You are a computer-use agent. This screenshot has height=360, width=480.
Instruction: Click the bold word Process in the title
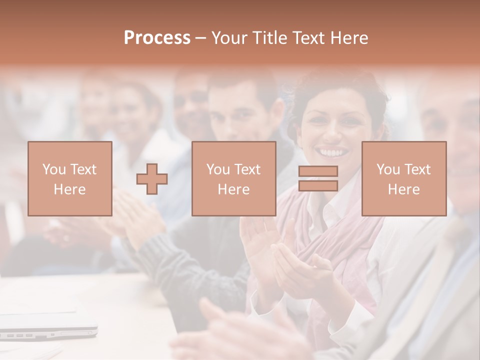point(157,38)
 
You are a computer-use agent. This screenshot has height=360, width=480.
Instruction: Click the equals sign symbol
point(318,178)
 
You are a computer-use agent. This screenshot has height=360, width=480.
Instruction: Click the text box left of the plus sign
point(70,178)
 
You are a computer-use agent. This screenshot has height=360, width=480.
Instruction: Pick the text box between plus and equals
point(233,178)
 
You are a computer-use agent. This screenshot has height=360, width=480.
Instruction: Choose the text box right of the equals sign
point(404,178)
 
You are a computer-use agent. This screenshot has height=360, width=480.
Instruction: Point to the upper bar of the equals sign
point(318,171)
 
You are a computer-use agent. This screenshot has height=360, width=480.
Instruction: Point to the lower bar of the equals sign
point(318,185)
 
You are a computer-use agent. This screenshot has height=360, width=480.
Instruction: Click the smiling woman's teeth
point(334,151)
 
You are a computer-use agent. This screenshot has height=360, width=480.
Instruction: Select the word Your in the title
point(230,38)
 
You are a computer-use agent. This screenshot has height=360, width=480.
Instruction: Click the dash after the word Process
point(201,38)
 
